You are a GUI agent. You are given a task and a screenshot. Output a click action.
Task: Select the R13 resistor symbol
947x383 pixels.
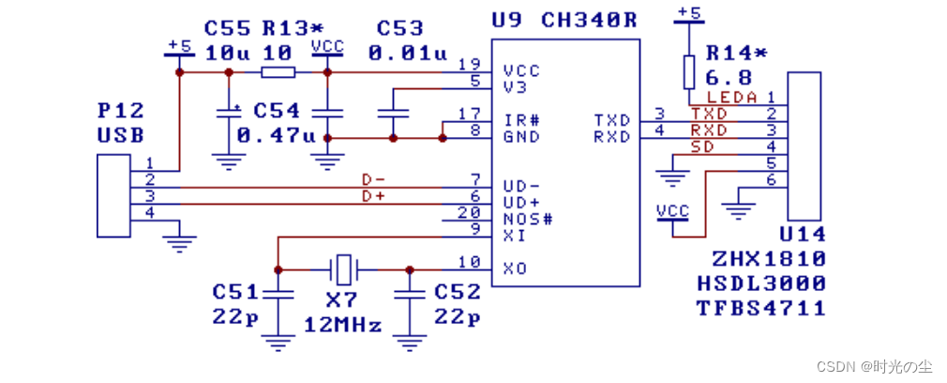[x=278, y=72]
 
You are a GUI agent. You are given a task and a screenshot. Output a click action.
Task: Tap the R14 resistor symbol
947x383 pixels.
[x=689, y=71]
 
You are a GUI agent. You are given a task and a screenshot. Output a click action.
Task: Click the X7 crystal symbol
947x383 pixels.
[x=344, y=269]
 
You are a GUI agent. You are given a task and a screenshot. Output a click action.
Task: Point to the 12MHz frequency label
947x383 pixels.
[x=343, y=326]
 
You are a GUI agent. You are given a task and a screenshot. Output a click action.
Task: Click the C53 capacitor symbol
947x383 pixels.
[x=393, y=114]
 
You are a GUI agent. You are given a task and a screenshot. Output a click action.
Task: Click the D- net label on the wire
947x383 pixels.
[x=374, y=179]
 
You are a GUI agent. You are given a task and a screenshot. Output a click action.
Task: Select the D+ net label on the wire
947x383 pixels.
[x=374, y=197]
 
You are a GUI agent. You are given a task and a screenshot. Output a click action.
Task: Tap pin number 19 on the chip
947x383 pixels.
[x=469, y=65]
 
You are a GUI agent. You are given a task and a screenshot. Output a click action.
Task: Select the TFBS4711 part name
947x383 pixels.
[x=760, y=307]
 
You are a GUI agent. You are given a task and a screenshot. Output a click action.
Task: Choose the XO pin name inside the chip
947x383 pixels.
[x=514, y=268]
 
